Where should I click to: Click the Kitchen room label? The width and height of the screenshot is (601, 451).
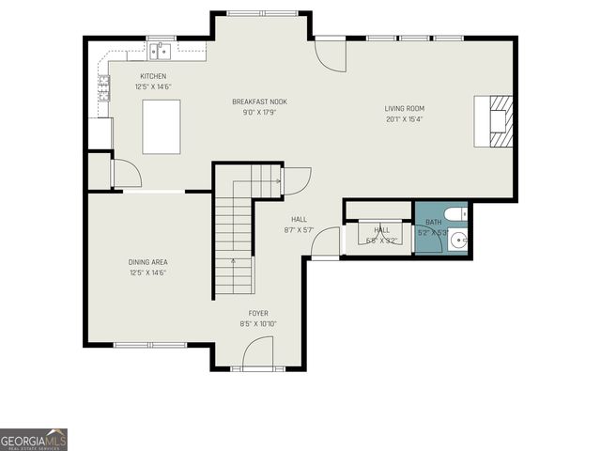click(153, 76)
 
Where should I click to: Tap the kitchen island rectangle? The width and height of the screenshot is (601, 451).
click(162, 125)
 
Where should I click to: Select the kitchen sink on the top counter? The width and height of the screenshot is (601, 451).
click(159, 50)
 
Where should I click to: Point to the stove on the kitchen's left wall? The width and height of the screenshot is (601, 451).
click(102, 87)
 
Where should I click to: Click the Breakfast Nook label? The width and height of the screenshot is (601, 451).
click(260, 101)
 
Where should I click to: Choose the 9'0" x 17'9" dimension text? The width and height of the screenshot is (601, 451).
click(260, 112)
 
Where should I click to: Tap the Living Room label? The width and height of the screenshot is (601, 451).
click(404, 108)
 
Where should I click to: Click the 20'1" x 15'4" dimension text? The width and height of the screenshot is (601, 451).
click(404, 119)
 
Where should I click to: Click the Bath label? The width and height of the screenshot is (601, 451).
click(433, 223)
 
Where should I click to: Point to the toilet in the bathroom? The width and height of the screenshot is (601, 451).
click(454, 214)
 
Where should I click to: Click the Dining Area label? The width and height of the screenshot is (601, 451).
click(148, 262)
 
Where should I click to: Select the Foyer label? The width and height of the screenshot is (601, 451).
click(258, 313)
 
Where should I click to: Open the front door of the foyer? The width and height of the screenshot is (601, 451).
click(257, 354)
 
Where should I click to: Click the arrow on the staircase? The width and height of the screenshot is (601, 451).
click(234, 264)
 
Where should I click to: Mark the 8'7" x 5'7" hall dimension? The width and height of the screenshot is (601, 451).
click(299, 230)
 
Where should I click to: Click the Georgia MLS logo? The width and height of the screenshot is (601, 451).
click(34, 439)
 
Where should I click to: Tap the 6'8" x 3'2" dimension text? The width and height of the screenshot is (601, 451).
click(382, 241)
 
